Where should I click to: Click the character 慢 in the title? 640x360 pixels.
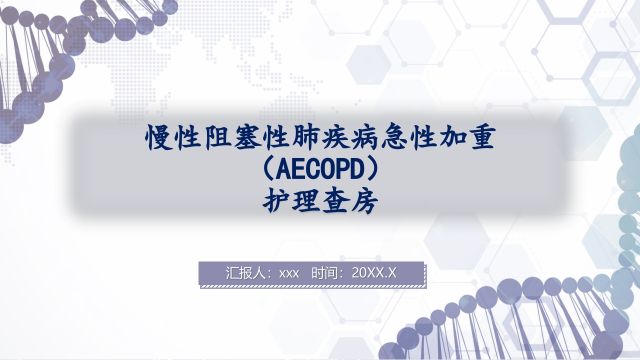click(x=160, y=138)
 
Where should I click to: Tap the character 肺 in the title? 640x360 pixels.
click(x=305, y=138)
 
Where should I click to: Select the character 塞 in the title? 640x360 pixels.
click(x=247, y=138)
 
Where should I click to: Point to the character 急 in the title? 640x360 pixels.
click(x=392, y=138)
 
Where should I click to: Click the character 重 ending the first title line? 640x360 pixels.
click(x=479, y=138)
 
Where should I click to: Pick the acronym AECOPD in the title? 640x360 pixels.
click(x=319, y=171)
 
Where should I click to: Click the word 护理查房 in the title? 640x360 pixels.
click(x=320, y=202)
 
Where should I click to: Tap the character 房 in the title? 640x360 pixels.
click(x=364, y=202)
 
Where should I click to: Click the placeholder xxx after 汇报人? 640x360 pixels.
click(x=289, y=273)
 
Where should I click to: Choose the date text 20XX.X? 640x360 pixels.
click(x=374, y=273)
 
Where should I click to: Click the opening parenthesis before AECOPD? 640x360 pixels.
click(x=268, y=171)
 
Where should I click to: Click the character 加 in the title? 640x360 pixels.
click(x=450, y=138)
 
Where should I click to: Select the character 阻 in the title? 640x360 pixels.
click(x=218, y=138)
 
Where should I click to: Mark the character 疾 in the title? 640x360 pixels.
click(x=334, y=138)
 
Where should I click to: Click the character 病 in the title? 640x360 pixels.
click(x=363, y=138)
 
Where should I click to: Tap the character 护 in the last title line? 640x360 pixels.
click(x=276, y=202)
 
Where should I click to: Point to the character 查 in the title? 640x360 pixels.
click(x=334, y=202)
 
